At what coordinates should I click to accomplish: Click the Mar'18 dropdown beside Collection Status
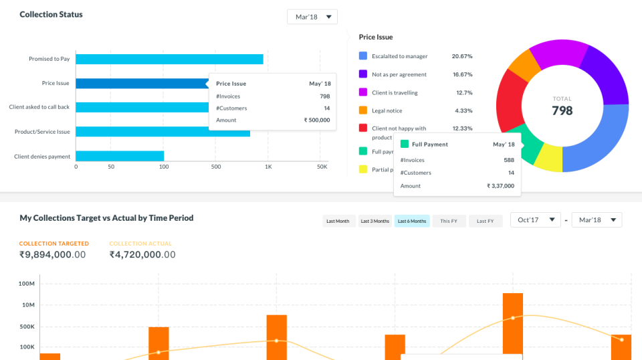coord(312,17)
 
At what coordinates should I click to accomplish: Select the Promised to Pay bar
coord(169,59)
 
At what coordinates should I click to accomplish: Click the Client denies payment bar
coord(120,156)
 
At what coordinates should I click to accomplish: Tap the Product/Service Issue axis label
coord(42,132)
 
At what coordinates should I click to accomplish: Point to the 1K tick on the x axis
coord(268,167)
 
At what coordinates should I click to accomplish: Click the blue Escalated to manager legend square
coord(363,56)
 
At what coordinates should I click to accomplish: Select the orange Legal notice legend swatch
coord(363,110)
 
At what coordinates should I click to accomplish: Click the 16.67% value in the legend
coord(462,74)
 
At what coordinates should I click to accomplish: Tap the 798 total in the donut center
coord(562,110)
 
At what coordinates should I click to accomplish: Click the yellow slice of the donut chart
coord(550,157)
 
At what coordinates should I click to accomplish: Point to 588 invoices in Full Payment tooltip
coord(508,161)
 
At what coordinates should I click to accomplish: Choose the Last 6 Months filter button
coord(411,221)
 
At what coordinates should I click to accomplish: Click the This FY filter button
coord(449,221)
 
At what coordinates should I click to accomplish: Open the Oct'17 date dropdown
coord(535,220)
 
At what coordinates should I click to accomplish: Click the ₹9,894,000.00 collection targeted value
coord(52,255)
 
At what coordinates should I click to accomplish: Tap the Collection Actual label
coord(140,244)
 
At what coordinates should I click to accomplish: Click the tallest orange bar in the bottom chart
coord(513,325)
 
